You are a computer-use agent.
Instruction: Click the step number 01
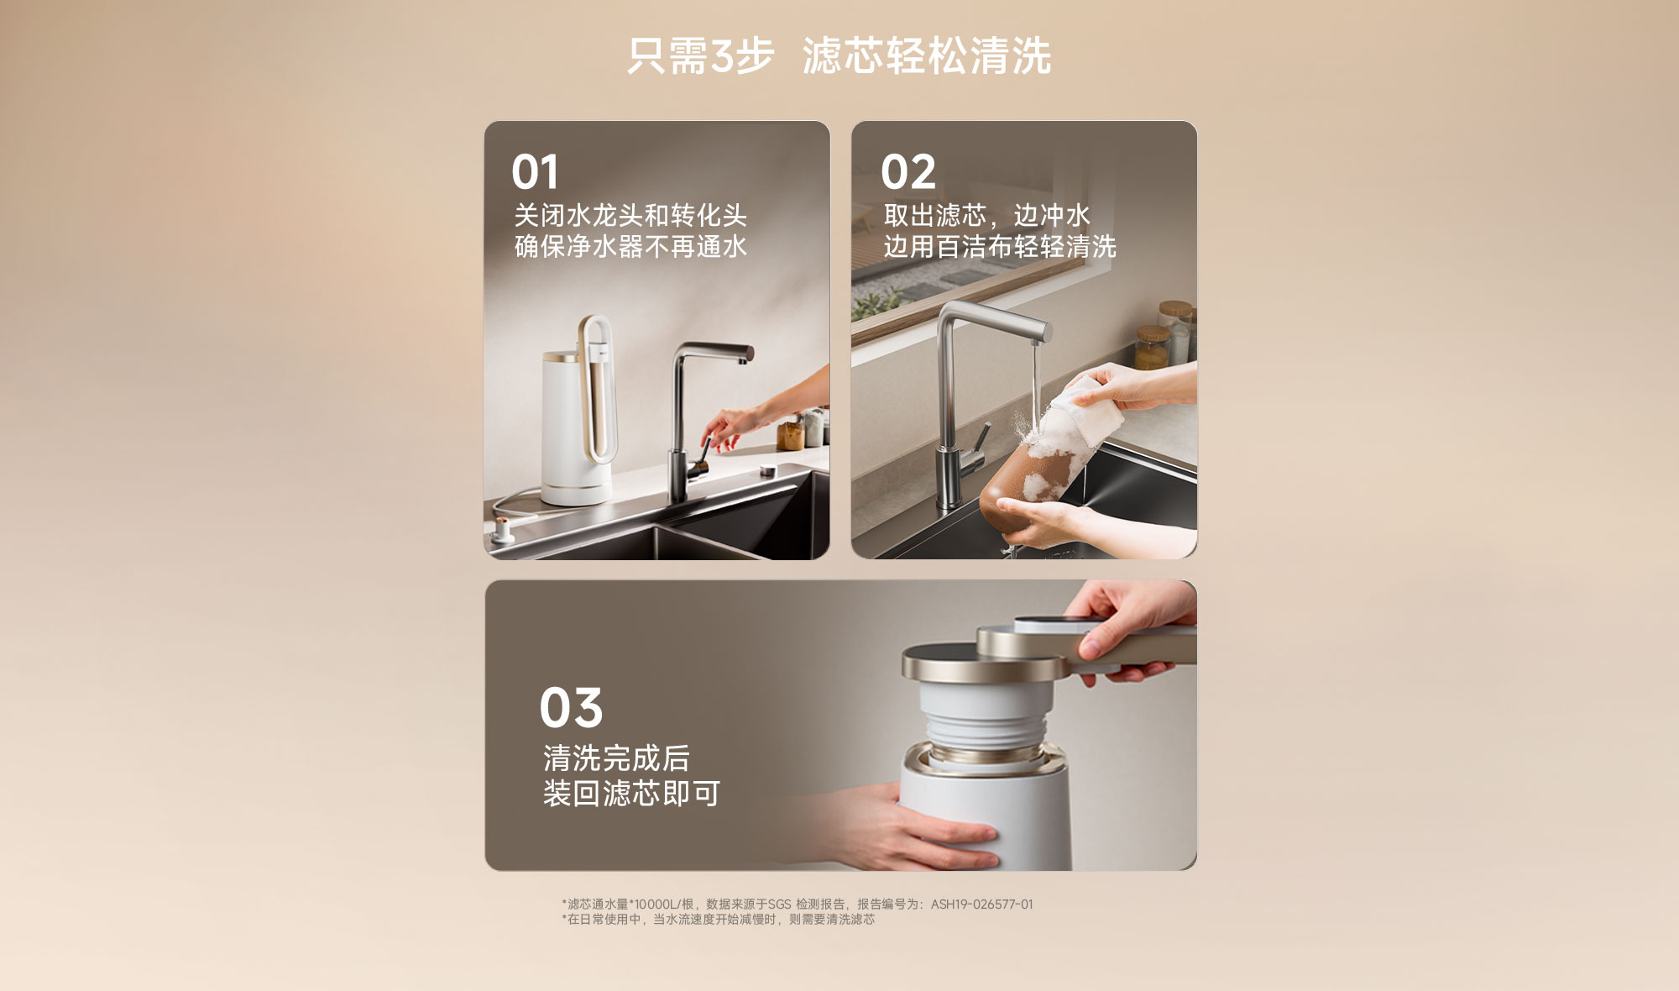[x=535, y=172]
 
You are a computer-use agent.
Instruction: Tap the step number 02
[x=907, y=172]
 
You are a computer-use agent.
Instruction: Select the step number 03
[x=571, y=707]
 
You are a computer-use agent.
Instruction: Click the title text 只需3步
[x=701, y=56]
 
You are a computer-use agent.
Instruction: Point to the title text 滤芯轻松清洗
[x=927, y=56]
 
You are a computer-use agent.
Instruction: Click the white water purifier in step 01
[x=578, y=416]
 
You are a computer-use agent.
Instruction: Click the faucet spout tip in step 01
[x=742, y=359]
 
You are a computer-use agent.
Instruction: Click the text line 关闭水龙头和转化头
[x=630, y=216]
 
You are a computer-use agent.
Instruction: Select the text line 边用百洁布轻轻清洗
[x=1000, y=247]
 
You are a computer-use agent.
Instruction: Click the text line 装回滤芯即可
[x=631, y=794]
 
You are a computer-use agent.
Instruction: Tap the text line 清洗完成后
[x=616, y=758]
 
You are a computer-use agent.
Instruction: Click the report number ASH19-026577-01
[x=981, y=904]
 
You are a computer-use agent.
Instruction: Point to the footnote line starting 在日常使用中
[x=719, y=920]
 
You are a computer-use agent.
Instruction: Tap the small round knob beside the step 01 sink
[x=767, y=471]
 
